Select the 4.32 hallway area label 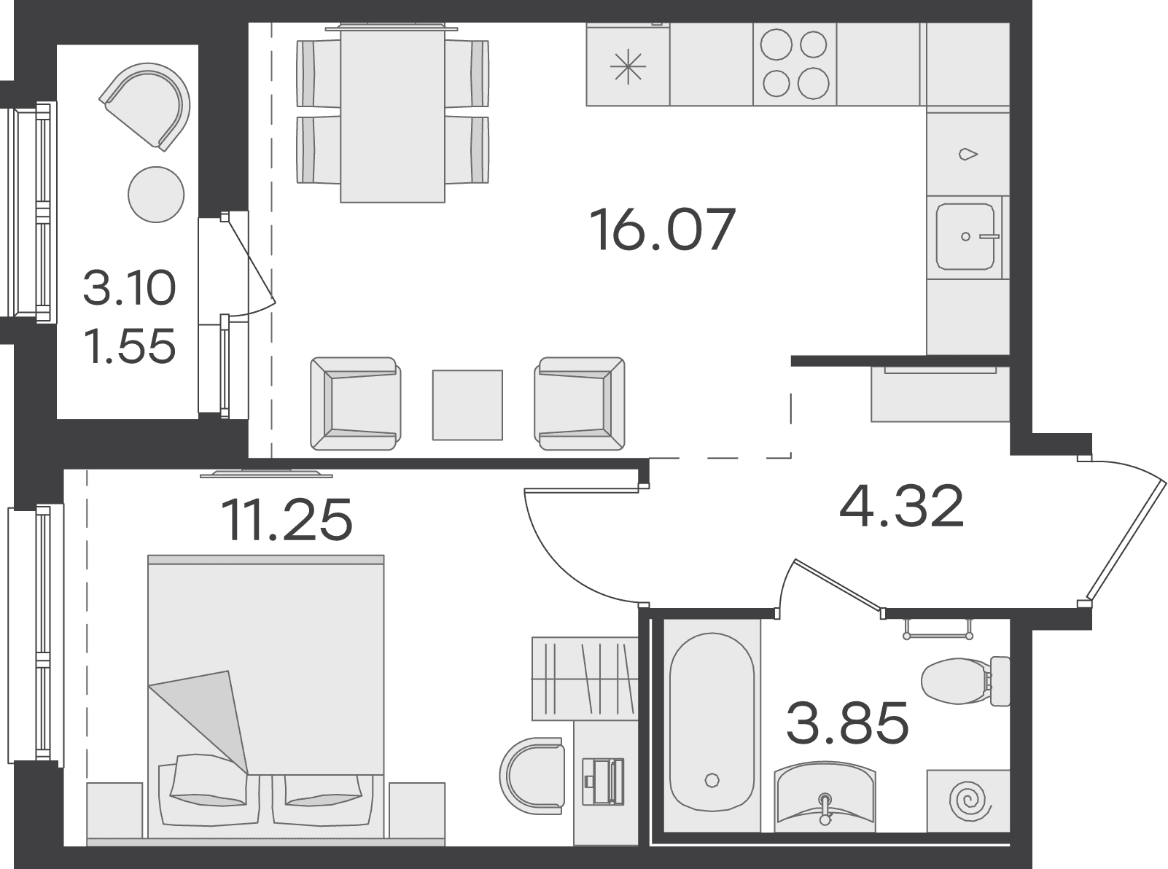click(902, 506)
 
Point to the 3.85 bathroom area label click(847, 722)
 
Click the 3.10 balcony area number click(129, 287)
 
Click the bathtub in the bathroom click(712, 722)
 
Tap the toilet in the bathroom click(965, 681)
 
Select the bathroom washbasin click(825, 792)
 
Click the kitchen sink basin click(965, 236)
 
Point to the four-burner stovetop click(795, 64)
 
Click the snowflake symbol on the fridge click(628, 68)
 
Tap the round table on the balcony click(157, 195)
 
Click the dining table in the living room click(392, 113)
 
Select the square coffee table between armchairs click(467, 405)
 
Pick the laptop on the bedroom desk click(603, 781)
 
